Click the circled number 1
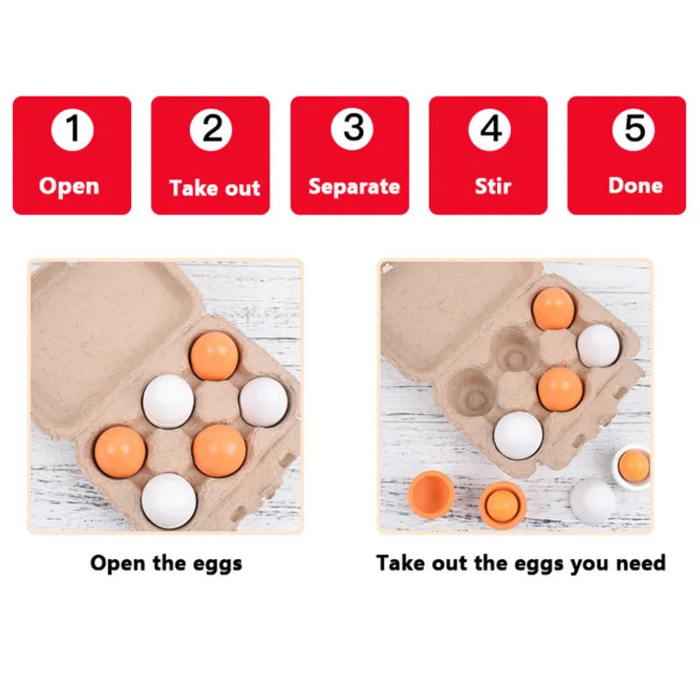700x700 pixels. pyautogui.click(x=73, y=129)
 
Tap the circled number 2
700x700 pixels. pyautogui.click(x=211, y=129)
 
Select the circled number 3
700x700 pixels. pyautogui.click(x=352, y=129)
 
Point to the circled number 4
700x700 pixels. pyautogui.click(x=490, y=129)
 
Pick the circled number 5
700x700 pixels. pyautogui.click(x=633, y=129)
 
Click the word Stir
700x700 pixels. pyautogui.click(x=493, y=186)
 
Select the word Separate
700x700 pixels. pyautogui.click(x=354, y=187)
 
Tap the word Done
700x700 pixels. pyautogui.click(x=635, y=185)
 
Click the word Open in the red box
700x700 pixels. pyautogui.click(x=69, y=187)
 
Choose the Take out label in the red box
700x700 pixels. pyautogui.click(x=214, y=188)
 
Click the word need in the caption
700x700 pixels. pyautogui.click(x=640, y=563)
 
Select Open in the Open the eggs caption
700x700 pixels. pyautogui.click(x=118, y=563)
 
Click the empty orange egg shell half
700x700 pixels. pyautogui.click(x=430, y=494)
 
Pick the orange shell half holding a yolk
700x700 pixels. pyautogui.click(x=502, y=505)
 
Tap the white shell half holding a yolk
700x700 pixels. pyautogui.click(x=633, y=466)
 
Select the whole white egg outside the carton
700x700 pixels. pyautogui.click(x=593, y=500)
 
